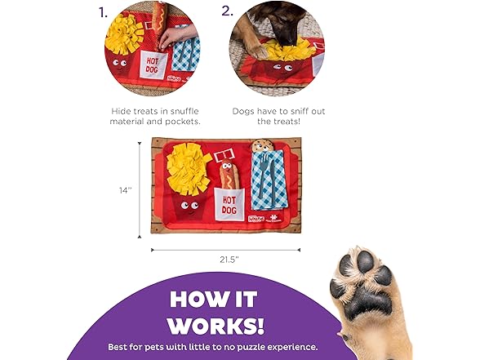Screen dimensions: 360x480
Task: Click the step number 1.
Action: [103, 12]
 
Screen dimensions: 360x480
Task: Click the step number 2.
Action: [227, 12]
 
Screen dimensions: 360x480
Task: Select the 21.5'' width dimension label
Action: [229, 259]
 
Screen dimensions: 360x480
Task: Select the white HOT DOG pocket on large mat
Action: [229, 204]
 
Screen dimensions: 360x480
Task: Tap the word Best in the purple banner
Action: [120, 346]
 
